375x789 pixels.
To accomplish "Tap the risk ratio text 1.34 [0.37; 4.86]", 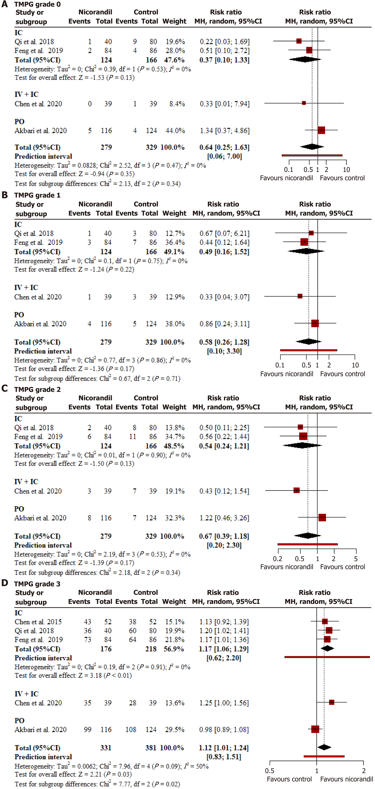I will (225, 131).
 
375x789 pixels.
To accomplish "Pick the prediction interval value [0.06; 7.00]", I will (225, 157).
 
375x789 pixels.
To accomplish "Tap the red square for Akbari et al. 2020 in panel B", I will (315, 323).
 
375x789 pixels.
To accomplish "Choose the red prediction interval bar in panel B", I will (309, 350).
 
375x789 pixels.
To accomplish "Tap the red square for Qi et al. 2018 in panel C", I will (300, 427).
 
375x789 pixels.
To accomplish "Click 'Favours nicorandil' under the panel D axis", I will (346, 779).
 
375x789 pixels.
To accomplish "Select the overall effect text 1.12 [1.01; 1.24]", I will (224, 748).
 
